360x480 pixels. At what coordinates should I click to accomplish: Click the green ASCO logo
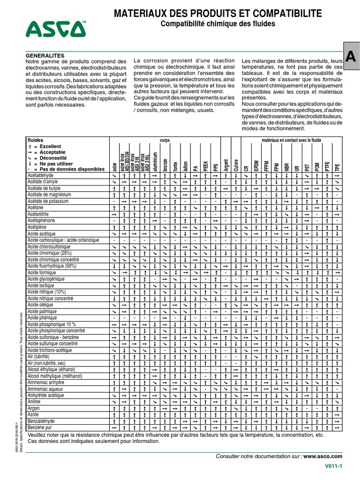pos(56,29)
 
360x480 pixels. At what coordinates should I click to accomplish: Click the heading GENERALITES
pos(46,55)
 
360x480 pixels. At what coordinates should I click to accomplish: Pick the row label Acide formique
pos(42,272)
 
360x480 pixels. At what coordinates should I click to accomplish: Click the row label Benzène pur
pos(40,428)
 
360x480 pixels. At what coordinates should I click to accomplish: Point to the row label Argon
pos(34,409)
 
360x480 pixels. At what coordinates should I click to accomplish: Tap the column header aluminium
pos(155,161)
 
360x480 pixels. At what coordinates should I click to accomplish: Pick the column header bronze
pos(165,164)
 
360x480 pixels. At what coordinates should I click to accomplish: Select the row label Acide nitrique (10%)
pos(46,292)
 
